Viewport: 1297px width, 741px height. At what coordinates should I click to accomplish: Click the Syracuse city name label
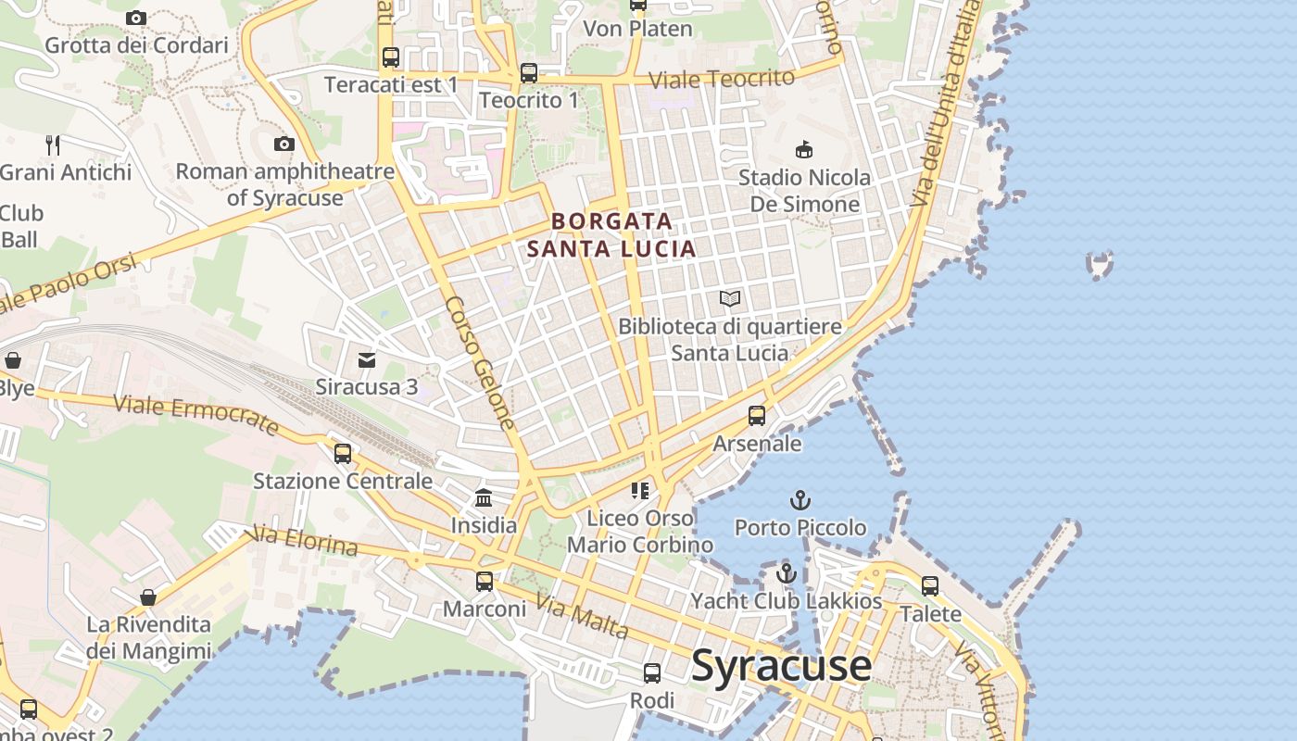pyautogui.click(x=781, y=666)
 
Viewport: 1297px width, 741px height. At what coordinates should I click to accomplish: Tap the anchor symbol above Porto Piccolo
pyautogui.click(x=800, y=501)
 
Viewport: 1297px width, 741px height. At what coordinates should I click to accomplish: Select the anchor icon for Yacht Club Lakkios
pyautogui.click(x=786, y=573)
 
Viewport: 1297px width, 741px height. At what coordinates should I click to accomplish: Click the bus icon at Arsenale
pyautogui.click(x=757, y=416)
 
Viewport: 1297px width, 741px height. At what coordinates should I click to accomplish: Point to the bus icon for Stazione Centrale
pyautogui.click(x=343, y=453)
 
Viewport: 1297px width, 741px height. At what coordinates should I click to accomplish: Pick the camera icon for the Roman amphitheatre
pyautogui.click(x=284, y=144)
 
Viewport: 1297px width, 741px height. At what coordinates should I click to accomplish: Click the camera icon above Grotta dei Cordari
pyautogui.click(x=136, y=18)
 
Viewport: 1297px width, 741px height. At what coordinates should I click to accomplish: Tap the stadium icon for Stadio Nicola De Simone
pyautogui.click(x=804, y=149)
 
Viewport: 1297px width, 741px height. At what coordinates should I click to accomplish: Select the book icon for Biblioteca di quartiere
pyautogui.click(x=730, y=298)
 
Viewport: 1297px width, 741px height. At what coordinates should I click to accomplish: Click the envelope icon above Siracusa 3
pyautogui.click(x=367, y=359)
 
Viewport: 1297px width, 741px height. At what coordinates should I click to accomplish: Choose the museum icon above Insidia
pyautogui.click(x=484, y=498)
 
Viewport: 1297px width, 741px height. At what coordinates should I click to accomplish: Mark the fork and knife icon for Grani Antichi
pyautogui.click(x=53, y=144)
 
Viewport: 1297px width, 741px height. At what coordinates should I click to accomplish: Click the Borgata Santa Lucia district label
pyautogui.click(x=611, y=235)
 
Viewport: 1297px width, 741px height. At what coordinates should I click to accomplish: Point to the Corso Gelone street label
pyautogui.click(x=480, y=362)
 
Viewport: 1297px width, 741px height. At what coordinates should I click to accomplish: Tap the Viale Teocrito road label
pyautogui.click(x=722, y=79)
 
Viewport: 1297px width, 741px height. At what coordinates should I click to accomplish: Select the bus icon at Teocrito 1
pyautogui.click(x=528, y=72)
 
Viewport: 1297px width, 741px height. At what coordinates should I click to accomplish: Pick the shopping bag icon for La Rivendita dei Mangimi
pyautogui.click(x=148, y=597)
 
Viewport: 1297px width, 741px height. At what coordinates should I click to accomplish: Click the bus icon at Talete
pyautogui.click(x=930, y=586)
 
